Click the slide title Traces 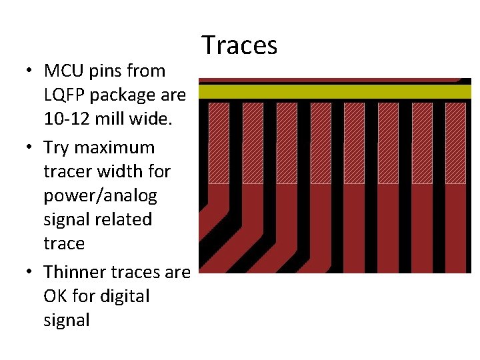tap(239, 45)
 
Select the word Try tap(55, 147)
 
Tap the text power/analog tap(100, 196)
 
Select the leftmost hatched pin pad tap(219, 143)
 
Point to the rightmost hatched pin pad tap(456, 143)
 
